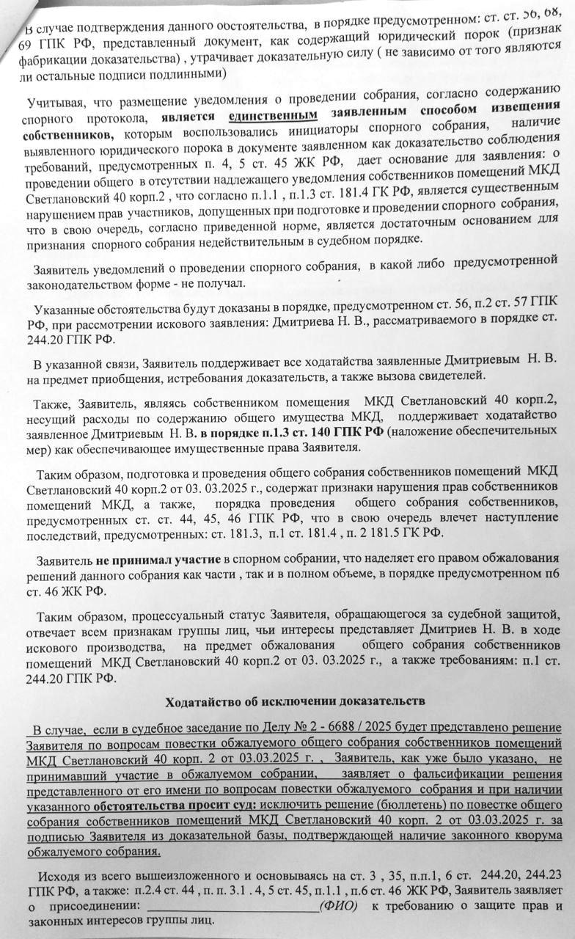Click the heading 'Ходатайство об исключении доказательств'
[296, 701]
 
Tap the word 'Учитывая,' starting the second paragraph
[55, 102]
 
